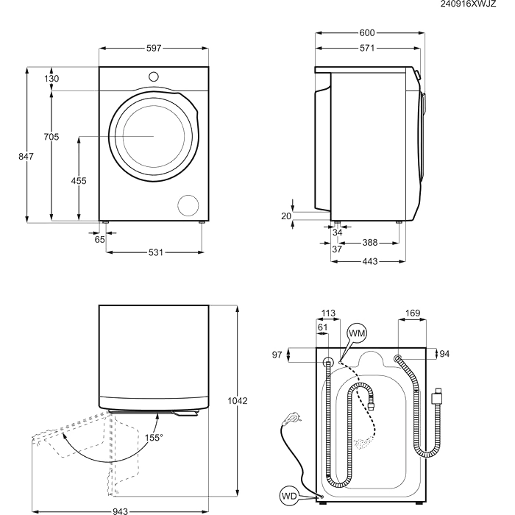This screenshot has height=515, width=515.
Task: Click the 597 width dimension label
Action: coord(154,49)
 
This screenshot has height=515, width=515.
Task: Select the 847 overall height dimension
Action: coord(26,156)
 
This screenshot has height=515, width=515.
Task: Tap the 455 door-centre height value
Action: coord(79,181)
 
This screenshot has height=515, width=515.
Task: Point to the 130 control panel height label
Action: coord(51,79)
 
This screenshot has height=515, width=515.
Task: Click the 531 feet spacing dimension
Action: coord(156,252)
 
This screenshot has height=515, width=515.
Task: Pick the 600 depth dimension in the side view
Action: coord(367,33)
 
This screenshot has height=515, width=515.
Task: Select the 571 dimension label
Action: coord(367,48)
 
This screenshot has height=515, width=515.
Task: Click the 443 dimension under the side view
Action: coord(370,261)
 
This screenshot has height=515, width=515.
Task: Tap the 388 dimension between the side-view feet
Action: coord(370,243)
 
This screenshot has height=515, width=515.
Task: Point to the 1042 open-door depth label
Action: coord(238,401)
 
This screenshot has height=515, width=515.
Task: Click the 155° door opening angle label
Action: coord(154,438)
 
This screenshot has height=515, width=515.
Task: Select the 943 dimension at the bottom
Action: coord(120,511)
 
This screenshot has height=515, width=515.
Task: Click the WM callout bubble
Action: coord(357,333)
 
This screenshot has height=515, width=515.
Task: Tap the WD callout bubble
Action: coord(289,496)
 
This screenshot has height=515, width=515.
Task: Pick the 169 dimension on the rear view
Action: coord(413,313)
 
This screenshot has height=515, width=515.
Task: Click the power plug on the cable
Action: coord(292,419)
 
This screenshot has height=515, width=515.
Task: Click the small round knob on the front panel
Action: coord(154,77)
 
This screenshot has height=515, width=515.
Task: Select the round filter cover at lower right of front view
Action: coord(188,205)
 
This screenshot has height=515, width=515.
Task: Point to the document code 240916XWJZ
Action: coord(468,4)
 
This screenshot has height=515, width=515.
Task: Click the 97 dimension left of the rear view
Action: coord(277,355)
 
